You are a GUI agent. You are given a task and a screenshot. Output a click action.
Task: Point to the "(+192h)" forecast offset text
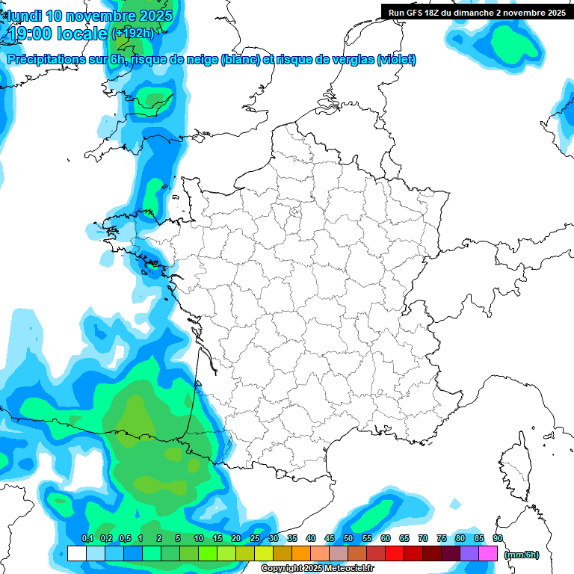(x=133, y=33)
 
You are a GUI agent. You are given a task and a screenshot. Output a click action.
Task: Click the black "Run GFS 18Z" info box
(x=477, y=12)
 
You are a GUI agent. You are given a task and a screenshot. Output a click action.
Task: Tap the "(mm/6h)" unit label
(x=521, y=554)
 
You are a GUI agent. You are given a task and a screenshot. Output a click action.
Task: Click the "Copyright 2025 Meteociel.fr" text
(x=318, y=569)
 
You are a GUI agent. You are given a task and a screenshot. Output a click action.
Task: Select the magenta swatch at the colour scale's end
(x=488, y=553)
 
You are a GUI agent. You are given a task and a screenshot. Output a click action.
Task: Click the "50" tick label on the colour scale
(x=348, y=539)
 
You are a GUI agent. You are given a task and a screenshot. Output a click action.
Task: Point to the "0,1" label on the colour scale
(x=87, y=539)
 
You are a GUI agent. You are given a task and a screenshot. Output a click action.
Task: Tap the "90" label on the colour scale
(x=498, y=539)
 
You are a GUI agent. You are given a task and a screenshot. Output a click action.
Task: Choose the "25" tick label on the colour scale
(x=255, y=539)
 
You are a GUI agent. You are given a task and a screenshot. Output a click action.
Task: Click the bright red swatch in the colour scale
(x=395, y=553)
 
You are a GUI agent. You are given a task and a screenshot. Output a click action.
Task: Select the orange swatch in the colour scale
(x=301, y=553)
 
